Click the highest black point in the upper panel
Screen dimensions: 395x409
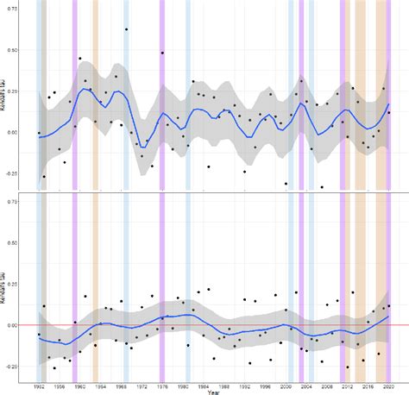(127, 29)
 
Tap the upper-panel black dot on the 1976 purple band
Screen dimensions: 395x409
(162, 53)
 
